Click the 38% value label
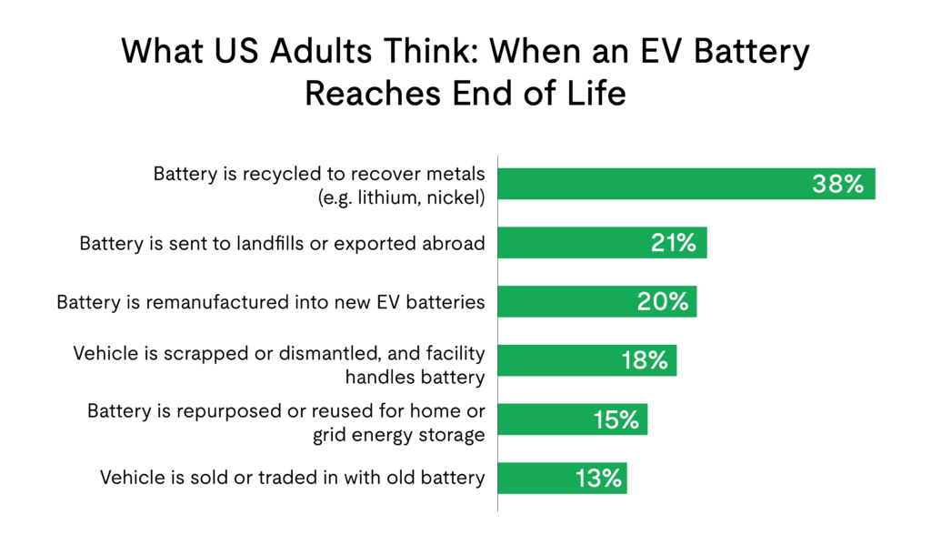click(x=836, y=185)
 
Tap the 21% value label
click(x=673, y=243)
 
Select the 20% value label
click(x=663, y=302)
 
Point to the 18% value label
click(x=645, y=360)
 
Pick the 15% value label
click(x=615, y=419)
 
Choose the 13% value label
click(x=597, y=479)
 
